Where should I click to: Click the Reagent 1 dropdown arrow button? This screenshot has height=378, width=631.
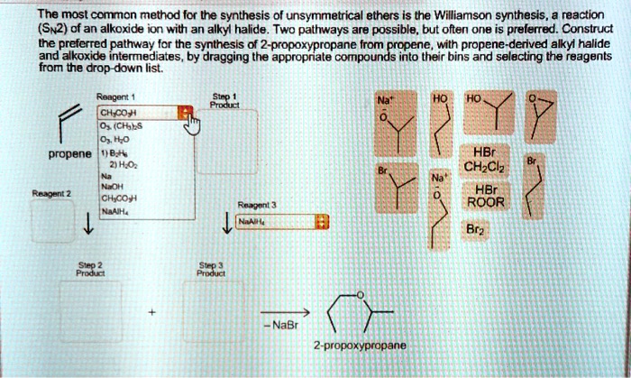tap(187, 113)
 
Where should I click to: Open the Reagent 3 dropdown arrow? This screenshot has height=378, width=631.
tap(324, 223)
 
